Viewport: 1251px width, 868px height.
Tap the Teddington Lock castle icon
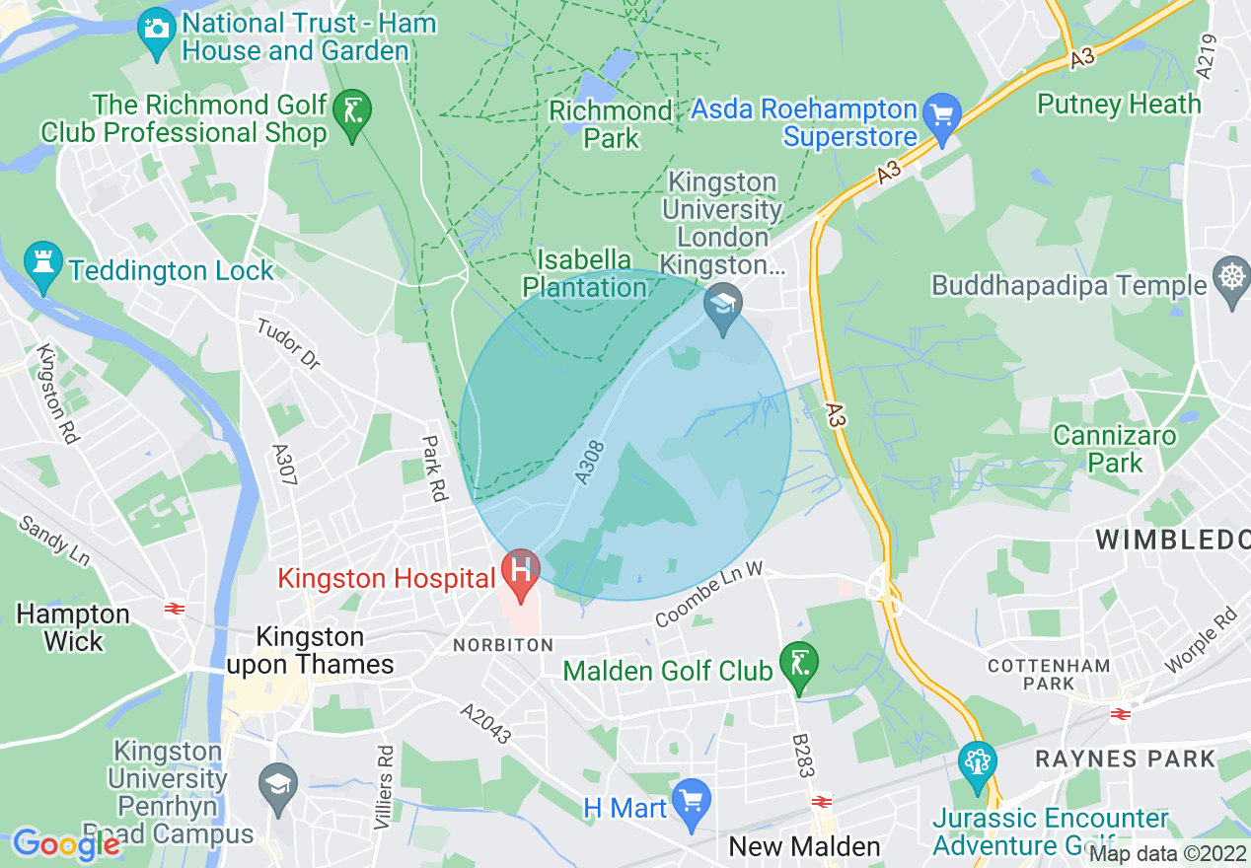pyautogui.click(x=42, y=265)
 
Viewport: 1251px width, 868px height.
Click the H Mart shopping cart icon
pyautogui.click(x=691, y=800)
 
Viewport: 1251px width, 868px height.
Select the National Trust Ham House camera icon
pyautogui.click(x=156, y=27)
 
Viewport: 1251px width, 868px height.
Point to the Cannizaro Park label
pyautogui.click(x=1114, y=449)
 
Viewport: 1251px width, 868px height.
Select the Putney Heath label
pyautogui.click(x=1119, y=104)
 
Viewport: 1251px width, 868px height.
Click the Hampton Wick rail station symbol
pyautogui.click(x=176, y=609)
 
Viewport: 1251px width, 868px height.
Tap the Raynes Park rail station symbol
pyautogui.click(x=1120, y=713)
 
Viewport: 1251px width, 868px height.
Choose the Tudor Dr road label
pyautogui.click(x=289, y=343)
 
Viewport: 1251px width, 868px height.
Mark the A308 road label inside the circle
pyautogui.click(x=589, y=463)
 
